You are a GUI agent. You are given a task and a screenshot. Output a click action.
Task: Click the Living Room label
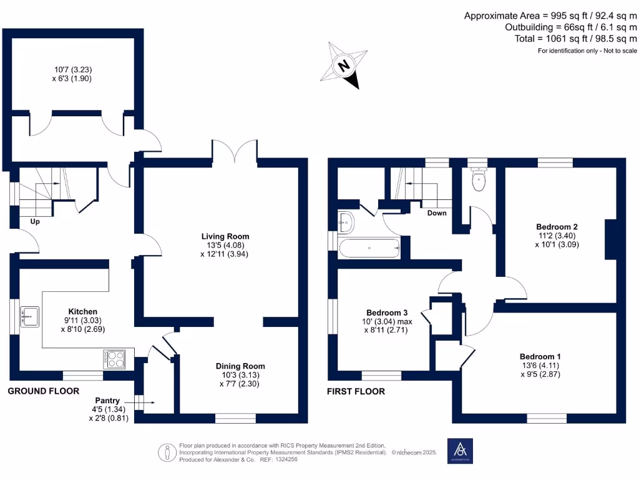click(225, 236)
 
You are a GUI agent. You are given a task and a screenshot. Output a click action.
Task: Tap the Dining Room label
click(240, 366)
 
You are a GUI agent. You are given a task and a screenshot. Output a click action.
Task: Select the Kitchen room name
click(82, 311)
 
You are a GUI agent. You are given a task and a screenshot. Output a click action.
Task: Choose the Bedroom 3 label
click(387, 312)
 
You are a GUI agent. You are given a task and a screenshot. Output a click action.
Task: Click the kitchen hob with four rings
click(115, 359)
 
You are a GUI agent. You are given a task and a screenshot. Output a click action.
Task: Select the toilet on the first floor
click(479, 179)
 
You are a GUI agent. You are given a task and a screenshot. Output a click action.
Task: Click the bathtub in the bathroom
click(369, 248)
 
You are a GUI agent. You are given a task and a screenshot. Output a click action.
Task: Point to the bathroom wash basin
click(346, 221)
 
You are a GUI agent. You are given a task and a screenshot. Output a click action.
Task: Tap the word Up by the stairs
click(36, 221)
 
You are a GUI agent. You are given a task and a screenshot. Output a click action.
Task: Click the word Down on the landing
click(437, 213)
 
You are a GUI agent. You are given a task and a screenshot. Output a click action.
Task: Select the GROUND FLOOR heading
click(43, 391)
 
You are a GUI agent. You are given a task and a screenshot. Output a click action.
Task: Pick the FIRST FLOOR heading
click(356, 392)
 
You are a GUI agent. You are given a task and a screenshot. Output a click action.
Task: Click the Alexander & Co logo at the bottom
click(461, 451)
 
